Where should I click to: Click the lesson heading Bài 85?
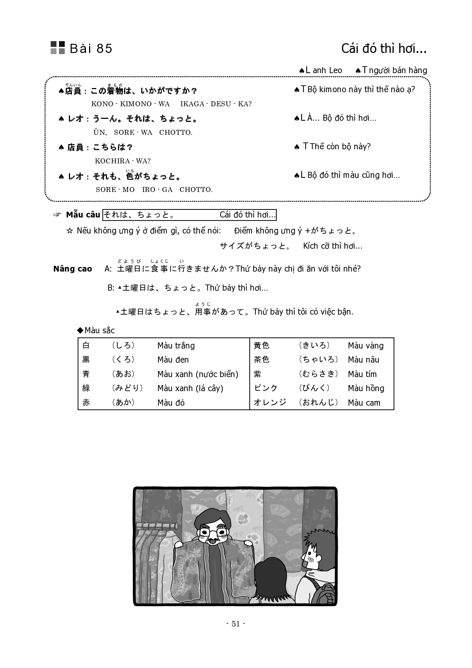click(91, 49)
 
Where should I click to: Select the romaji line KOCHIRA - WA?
click(123, 161)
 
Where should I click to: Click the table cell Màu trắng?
click(176, 346)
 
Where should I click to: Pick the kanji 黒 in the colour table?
click(86, 360)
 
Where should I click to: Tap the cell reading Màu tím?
click(362, 374)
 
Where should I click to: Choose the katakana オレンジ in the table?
click(270, 403)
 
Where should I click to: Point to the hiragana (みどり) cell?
click(128, 388)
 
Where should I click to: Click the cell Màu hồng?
click(366, 388)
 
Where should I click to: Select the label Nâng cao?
click(73, 269)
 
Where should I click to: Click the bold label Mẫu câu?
click(83, 215)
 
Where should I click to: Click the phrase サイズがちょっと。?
click(255, 246)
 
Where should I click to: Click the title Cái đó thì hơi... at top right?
click(384, 49)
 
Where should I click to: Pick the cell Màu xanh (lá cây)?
click(190, 388)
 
